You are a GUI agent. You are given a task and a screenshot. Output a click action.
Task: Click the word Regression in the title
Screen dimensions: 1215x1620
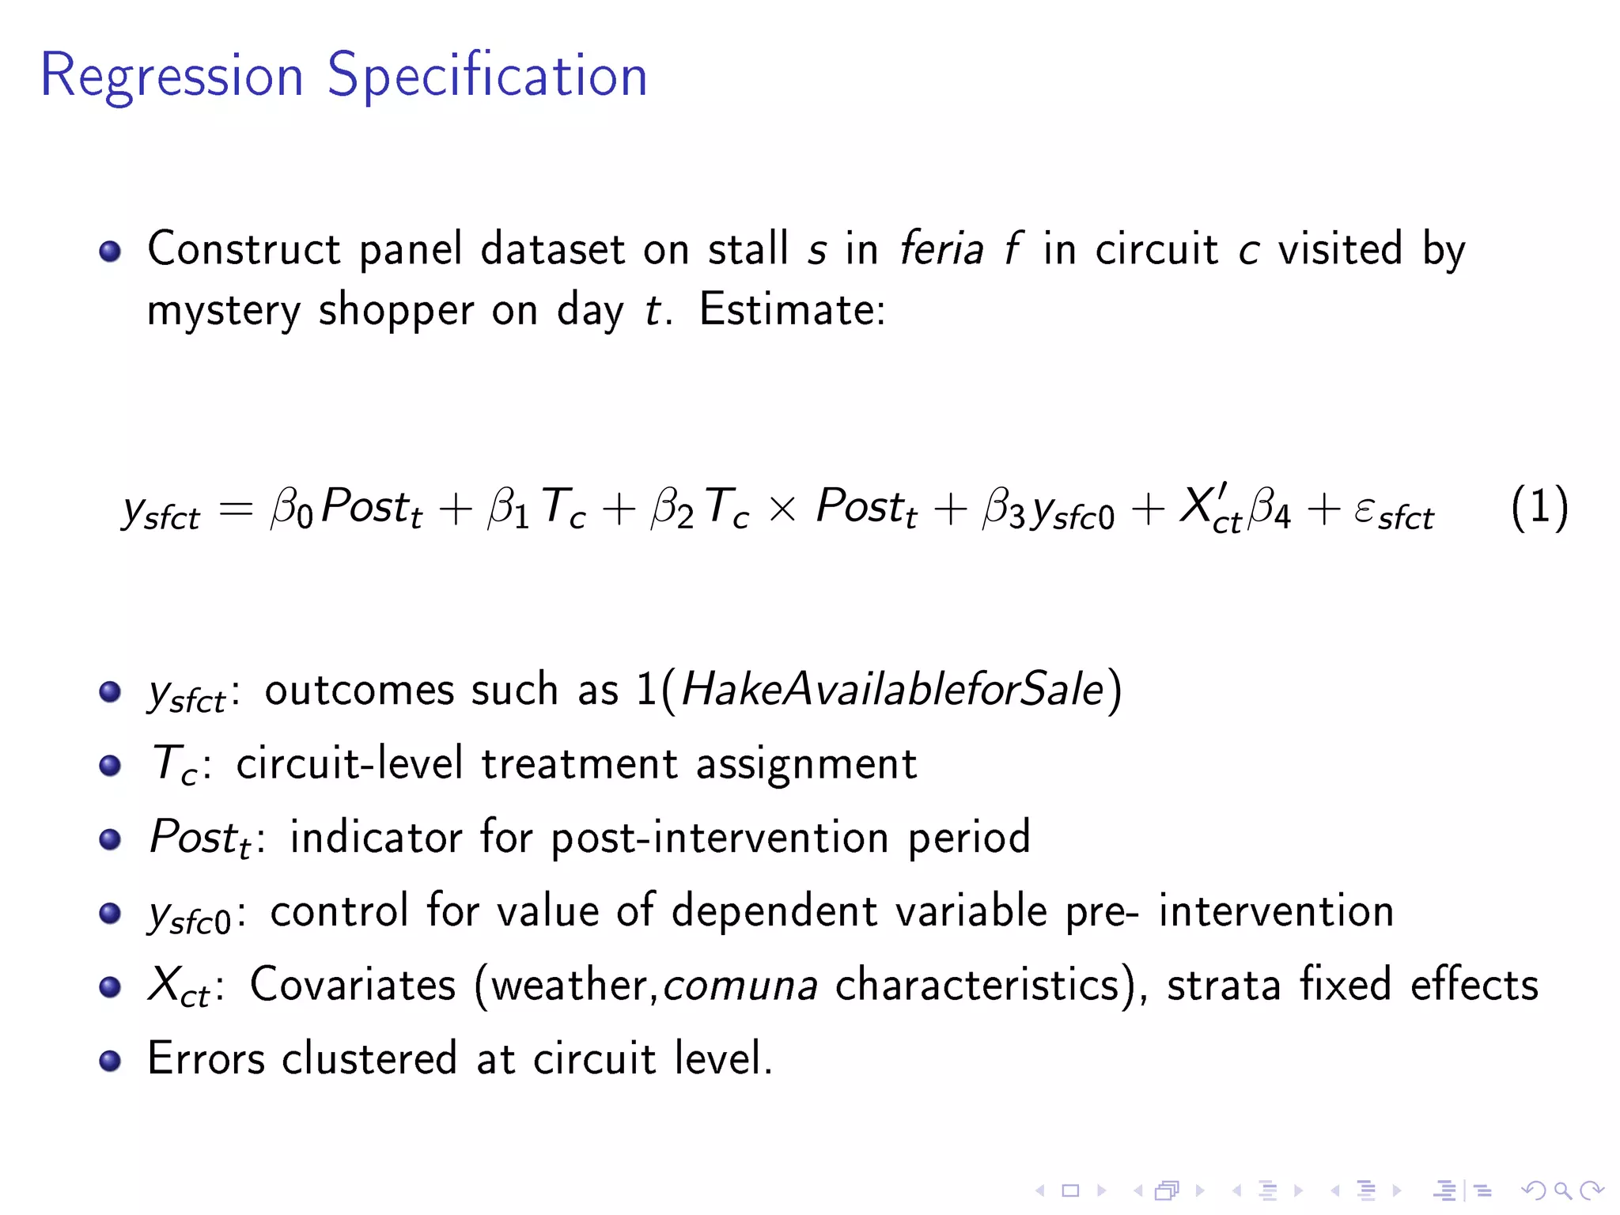coord(172,76)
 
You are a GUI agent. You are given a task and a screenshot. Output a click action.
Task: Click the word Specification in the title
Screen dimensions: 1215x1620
coord(487,76)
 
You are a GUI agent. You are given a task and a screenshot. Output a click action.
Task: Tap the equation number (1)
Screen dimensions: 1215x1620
coord(1539,507)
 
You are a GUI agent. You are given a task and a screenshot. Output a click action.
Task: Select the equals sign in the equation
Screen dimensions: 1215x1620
coord(236,509)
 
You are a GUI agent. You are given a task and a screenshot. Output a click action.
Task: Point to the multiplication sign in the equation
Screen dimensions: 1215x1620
coord(782,509)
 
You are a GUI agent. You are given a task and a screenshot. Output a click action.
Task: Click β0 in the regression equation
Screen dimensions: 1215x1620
coord(291,507)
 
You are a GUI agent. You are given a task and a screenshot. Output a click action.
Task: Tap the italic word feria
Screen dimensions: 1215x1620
coord(941,248)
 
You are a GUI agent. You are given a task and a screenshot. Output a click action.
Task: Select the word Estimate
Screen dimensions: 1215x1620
coord(791,309)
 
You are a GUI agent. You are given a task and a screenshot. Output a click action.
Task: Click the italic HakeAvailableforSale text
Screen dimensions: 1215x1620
coord(891,689)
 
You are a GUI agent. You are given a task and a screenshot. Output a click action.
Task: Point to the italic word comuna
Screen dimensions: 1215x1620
coord(740,986)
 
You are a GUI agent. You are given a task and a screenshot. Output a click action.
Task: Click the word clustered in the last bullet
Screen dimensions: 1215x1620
coord(369,1059)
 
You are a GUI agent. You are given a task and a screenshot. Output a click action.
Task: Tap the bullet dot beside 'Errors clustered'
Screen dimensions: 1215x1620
coord(110,1061)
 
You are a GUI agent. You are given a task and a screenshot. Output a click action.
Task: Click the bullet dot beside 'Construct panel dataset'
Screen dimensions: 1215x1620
coord(110,252)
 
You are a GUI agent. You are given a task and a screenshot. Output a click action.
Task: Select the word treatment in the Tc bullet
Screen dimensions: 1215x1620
coord(579,764)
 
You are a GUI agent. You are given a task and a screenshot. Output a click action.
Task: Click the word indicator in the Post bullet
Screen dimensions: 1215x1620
coord(376,838)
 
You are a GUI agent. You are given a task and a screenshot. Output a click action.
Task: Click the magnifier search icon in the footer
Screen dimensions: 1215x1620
coord(1562,1190)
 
